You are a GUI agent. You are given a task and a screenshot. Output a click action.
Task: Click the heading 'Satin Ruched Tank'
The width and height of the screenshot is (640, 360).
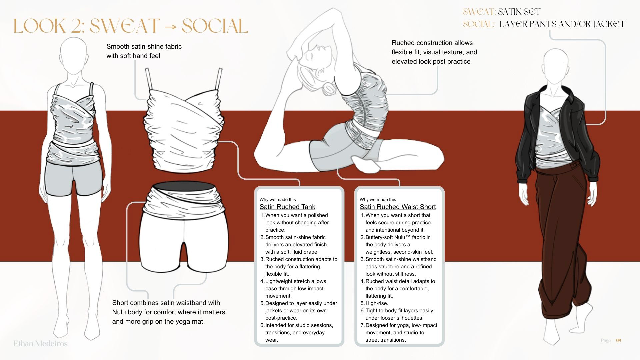[287, 207]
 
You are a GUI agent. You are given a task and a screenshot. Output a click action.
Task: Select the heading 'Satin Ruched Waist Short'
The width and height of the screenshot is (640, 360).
[398, 207]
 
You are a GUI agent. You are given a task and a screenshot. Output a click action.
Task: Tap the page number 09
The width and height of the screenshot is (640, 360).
[618, 340]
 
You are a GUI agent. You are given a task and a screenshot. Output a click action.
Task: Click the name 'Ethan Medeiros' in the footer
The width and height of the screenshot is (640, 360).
[40, 343]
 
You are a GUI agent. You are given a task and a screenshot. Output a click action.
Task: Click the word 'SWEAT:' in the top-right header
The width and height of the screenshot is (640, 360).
[479, 12]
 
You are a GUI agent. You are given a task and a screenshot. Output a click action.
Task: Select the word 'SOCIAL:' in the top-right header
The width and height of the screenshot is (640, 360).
[478, 24]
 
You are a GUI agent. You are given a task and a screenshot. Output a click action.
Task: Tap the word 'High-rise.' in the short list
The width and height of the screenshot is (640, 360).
[377, 303]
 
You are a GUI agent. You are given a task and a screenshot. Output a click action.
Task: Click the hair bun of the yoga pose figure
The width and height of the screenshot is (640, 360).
[330, 88]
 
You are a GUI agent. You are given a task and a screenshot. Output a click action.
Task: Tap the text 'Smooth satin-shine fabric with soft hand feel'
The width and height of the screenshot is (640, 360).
[144, 51]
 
